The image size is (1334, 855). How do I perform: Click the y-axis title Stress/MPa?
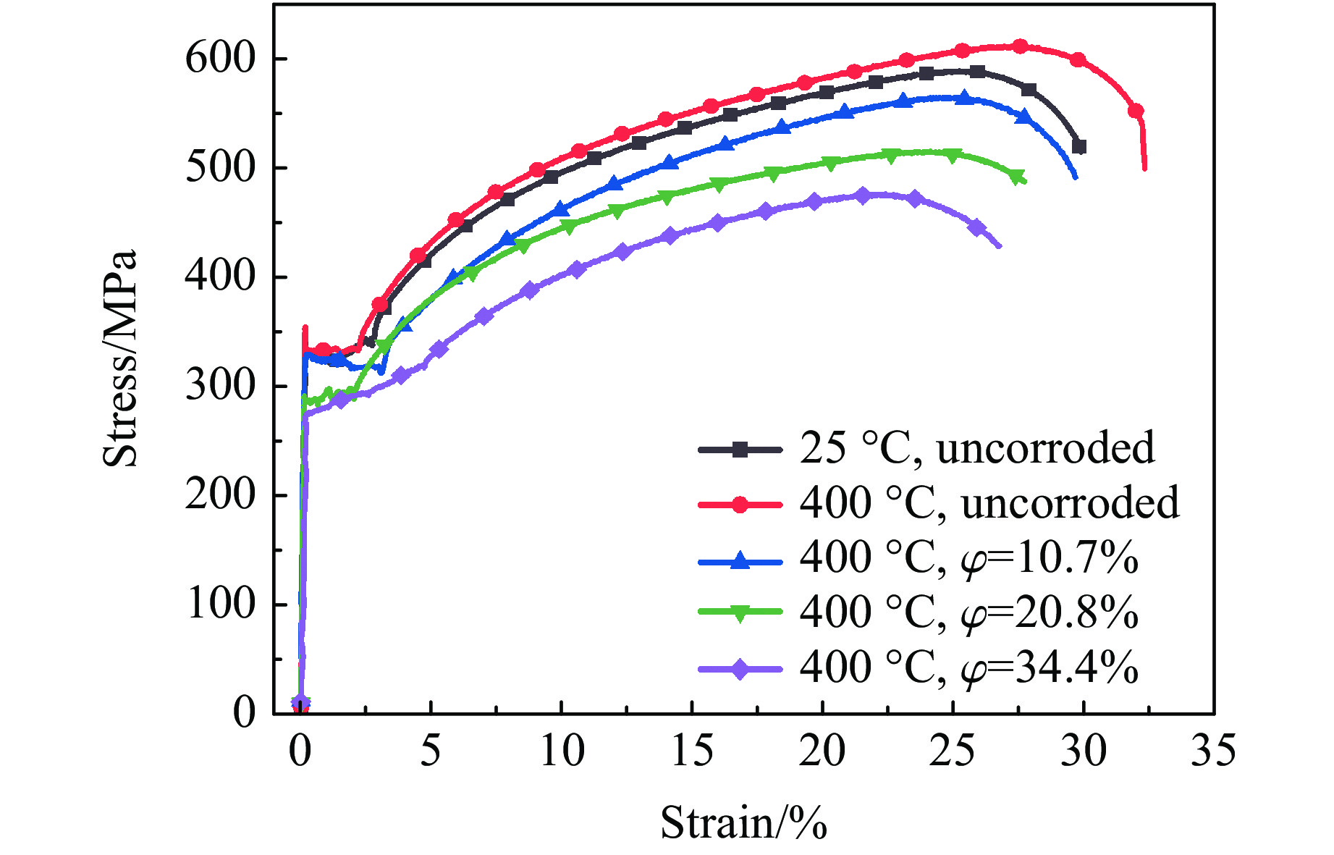click(x=119, y=359)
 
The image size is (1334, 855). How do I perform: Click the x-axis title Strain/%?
click(x=743, y=823)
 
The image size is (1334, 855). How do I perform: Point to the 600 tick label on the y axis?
click(x=221, y=58)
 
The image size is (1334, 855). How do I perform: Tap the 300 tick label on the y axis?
click(x=221, y=385)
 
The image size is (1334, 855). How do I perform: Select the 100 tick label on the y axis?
click(x=221, y=603)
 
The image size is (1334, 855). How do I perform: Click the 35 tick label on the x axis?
click(x=1213, y=751)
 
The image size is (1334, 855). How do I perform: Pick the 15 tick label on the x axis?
click(x=692, y=751)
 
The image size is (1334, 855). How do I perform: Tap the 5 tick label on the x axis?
click(x=431, y=751)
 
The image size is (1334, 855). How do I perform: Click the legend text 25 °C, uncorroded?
click(x=976, y=448)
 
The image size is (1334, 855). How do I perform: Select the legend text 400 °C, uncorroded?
click(x=989, y=503)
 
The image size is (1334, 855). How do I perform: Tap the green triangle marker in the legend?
click(x=739, y=614)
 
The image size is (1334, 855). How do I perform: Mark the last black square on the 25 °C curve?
click(x=1079, y=147)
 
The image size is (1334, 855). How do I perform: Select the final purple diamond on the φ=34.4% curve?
click(x=977, y=227)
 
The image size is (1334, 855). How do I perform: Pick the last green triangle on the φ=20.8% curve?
click(x=1017, y=177)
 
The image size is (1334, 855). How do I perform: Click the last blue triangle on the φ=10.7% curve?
click(x=1023, y=117)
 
